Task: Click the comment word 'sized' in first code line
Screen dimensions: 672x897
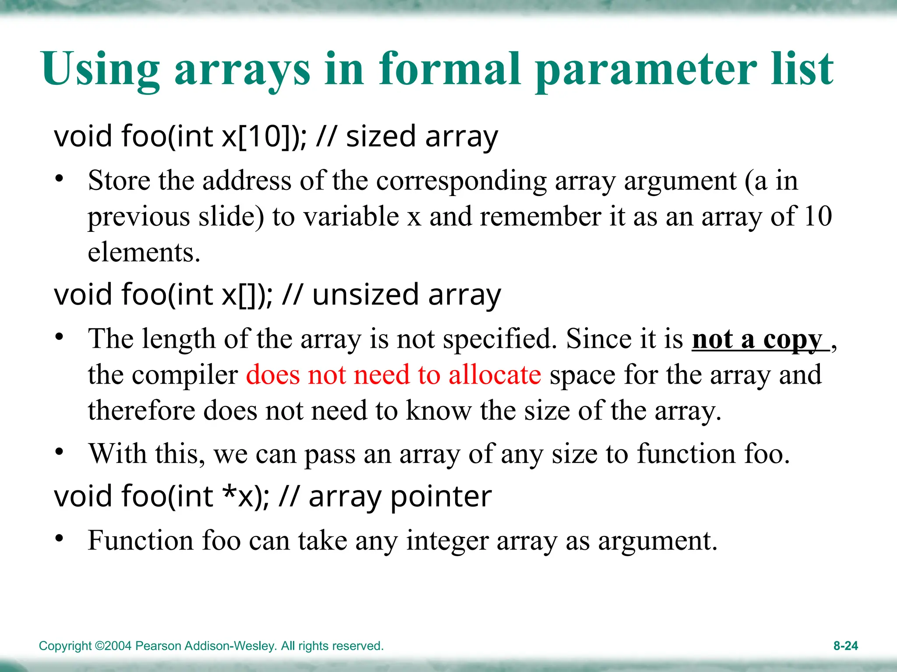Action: [381, 136]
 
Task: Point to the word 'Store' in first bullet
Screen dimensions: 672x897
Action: [119, 181]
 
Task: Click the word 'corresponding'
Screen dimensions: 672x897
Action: [462, 181]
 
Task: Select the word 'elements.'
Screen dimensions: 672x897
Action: [144, 252]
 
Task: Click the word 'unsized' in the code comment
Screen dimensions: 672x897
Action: [365, 295]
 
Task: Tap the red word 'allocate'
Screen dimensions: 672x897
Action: [494, 375]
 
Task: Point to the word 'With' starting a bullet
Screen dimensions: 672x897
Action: [117, 454]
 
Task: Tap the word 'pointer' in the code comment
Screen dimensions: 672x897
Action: [441, 497]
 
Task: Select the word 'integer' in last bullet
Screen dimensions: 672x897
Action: [447, 541]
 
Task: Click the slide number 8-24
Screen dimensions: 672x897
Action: [845, 646]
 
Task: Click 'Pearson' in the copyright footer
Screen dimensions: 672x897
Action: [158, 646]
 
